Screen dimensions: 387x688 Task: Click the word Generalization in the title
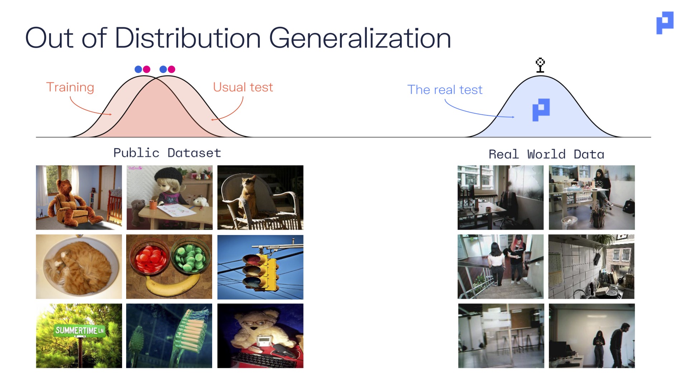pos(360,39)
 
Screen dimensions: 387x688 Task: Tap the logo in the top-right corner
pos(665,23)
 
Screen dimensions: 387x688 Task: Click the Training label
pos(70,87)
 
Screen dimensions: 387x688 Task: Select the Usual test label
pos(243,87)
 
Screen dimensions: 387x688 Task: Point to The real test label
pos(445,90)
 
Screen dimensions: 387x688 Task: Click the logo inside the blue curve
pos(541,110)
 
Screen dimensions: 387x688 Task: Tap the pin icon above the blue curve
pos(540,65)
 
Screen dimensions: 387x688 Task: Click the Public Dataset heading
pos(167,153)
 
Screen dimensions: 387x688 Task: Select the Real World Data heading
pos(546,154)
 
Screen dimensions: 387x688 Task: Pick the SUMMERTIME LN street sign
pos(80,330)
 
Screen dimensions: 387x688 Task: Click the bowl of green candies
pos(191,257)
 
